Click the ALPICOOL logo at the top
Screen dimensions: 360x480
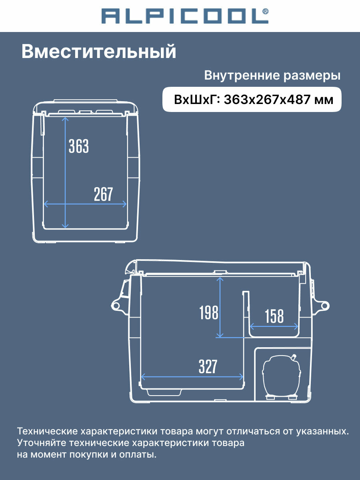pyautogui.click(x=185, y=16)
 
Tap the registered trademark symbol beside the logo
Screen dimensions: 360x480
pyautogui.click(x=265, y=11)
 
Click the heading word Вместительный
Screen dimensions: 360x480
pyautogui.click(x=99, y=52)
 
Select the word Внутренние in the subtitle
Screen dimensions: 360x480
pyautogui.click(x=242, y=76)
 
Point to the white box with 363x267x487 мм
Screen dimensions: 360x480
pyautogui.click(x=252, y=100)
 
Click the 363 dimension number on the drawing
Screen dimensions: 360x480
pyautogui.click(x=79, y=146)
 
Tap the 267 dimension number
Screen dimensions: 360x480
pyautogui.click(x=103, y=194)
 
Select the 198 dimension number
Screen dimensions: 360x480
pyautogui.click(x=209, y=312)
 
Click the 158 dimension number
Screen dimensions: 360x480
pyautogui.click(x=274, y=316)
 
